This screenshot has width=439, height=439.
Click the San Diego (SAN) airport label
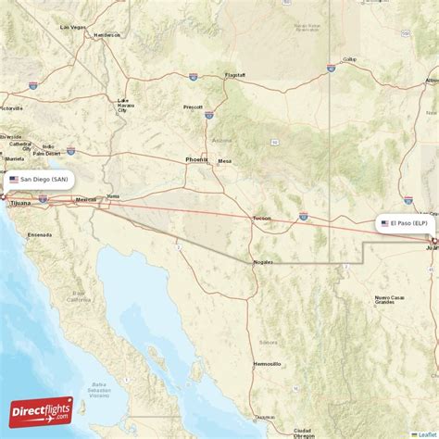coord(38,179)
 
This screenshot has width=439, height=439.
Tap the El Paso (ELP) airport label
coord(408,223)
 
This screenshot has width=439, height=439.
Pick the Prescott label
coord(193,107)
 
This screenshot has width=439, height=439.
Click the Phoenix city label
coord(197,159)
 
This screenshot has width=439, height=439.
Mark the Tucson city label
coord(262,219)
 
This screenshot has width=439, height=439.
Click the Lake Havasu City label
coord(123,106)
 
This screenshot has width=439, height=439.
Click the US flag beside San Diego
coord(14,179)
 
